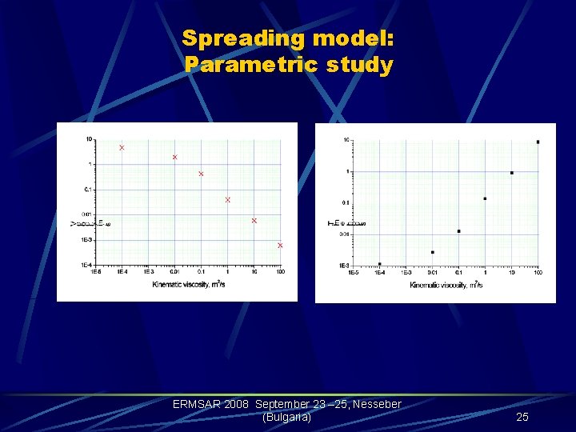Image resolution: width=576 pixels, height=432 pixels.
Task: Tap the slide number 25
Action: pyautogui.click(x=522, y=417)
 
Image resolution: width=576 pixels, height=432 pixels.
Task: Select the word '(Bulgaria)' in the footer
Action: pyautogui.click(x=286, y=417)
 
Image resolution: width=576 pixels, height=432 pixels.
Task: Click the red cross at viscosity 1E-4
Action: pyautogui.click(x=122, y=148)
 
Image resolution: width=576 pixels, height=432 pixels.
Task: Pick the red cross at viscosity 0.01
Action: pyautogui.click(x=175, y=157)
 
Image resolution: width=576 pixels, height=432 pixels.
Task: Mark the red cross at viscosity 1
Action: pyautogui.click(x=228, y=200)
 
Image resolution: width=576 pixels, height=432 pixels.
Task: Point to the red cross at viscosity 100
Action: pyautogui.click(x=280, y=246)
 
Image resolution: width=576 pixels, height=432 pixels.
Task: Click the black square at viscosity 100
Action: pyautogui.click(x=538, y=142)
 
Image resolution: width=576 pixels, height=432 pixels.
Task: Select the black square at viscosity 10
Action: pyautogui.click(x=511, y=173)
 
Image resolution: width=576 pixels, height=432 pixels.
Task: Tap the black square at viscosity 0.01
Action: pyautogui.click(x=432, y=252)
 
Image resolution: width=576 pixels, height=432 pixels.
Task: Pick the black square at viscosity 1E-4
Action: pyautogui.click(x=379, y=264)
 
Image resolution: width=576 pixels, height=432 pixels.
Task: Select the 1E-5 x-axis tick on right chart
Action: pyautogui.click(x=353, y=273)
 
